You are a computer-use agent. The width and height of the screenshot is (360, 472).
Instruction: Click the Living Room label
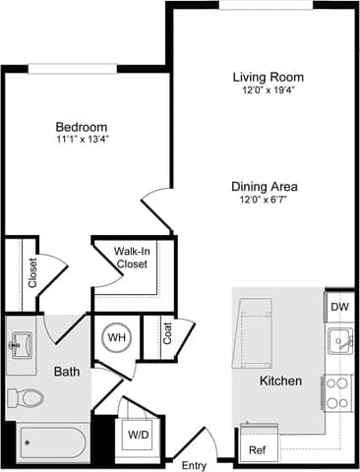[x=268, y=77]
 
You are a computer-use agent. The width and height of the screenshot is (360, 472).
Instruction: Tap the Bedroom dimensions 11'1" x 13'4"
[x=81, y=141]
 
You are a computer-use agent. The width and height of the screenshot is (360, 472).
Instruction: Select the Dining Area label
[x=265, y=187]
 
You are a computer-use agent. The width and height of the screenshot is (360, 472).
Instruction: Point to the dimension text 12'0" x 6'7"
[x=265, y=201]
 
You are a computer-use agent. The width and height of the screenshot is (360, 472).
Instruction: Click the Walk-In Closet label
[x=131, y=258]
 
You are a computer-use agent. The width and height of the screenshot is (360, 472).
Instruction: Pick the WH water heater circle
[x=117, y=338]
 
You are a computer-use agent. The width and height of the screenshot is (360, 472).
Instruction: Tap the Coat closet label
[x=167, y=334]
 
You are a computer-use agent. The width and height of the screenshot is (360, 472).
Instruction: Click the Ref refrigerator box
[x=257, y=451]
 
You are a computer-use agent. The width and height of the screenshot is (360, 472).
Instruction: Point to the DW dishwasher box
[x=339, y=307]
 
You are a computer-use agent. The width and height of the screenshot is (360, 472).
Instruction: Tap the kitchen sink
[x=340, y=342]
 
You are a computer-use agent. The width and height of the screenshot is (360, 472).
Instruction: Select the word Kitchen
[x=280, y=382]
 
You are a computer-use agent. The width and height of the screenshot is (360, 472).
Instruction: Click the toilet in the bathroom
[x=27, y=397]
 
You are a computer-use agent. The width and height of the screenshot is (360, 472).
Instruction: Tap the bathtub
[x=49, y=442]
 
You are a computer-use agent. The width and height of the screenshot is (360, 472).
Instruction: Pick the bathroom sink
[x=20, y=345]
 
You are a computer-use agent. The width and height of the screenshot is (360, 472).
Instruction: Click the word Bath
[x=66, y=371]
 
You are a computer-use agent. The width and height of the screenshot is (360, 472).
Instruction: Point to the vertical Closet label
[x=32, y=269]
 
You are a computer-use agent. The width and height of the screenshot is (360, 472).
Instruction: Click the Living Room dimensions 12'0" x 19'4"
[x=268, y=90]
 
